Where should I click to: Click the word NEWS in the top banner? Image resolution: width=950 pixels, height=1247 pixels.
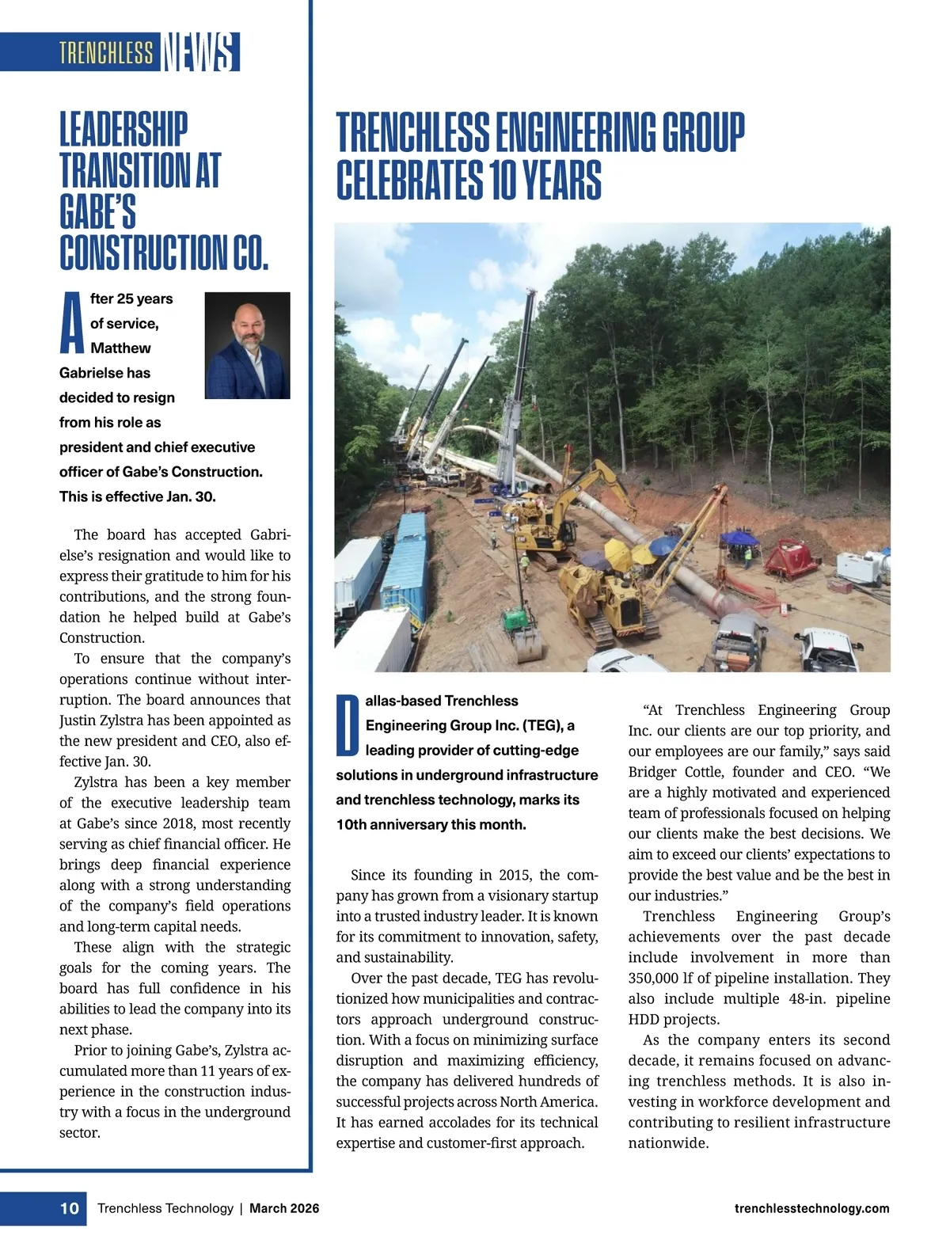pyautogui.click(x=199, y=52)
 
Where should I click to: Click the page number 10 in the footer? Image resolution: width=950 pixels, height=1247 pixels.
pyautogui.click(x=70, y=1208)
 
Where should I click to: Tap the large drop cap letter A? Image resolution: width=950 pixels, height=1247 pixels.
pyautogui.click(x=71, y=322)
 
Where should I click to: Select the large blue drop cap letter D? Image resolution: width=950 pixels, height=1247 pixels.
pyautogui.click(x=348, y=724)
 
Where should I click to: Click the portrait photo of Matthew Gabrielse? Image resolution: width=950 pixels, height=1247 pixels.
pyautogui.click(x=247, y=345)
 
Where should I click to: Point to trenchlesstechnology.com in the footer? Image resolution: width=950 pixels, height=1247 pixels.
pyautogui.click(x=811, y=1208)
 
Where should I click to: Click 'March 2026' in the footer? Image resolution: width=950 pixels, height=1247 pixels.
pyautogui.click(x=284, y=1208)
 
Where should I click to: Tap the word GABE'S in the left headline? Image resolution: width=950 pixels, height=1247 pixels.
pyautogui.click(x=97, y=212)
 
